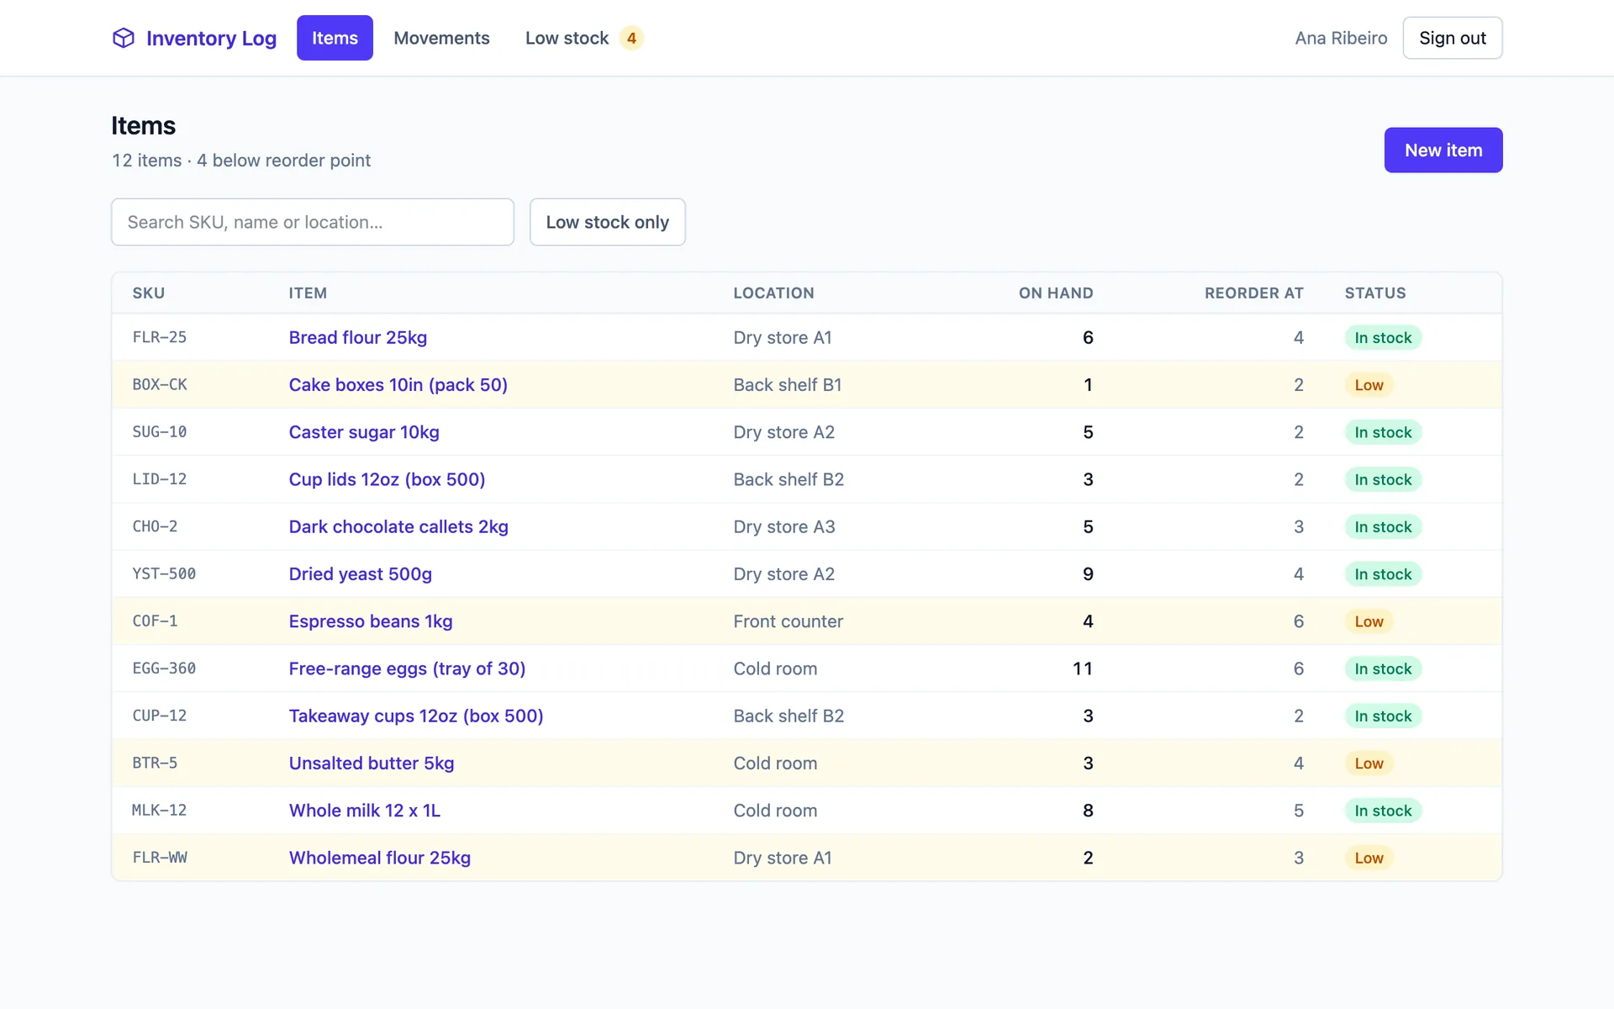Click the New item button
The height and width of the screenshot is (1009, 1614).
pyautogui.click(x=1443, y=150)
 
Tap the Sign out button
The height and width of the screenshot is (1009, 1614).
pyautogui.click(x=1453, y=38)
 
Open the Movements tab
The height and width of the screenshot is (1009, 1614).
pyautogui.click(x=441, y=38)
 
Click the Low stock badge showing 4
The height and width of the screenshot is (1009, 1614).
pyautogui.click(x=631, y=38)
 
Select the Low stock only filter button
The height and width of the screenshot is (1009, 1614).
pyautogui.click(x=608, y=222)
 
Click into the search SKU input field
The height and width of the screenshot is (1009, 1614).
pyautogui.click(x=313, y=222)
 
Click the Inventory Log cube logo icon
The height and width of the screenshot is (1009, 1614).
pyautogui.click(x=124, y=38)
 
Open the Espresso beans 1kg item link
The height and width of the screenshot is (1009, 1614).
pyautogui.click(x=371, y=621)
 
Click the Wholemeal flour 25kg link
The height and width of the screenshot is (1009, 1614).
pyautogui.click(x=380, y=858)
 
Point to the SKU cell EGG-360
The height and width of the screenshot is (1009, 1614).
pyautogui.click(x=164, y=668)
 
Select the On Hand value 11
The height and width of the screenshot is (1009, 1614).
pyautogui.click(x=1083, y=668)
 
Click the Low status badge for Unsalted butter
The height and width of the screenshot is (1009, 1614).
pyautogui.click(x=1369, y=763)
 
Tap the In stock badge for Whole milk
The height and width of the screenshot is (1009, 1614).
pyautogui.click(x=1383, y=811)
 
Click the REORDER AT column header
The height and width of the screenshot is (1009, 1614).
pyautogui.click(x=1253, y=293)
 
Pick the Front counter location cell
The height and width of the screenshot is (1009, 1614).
pyautogui.click(x=788, y=621)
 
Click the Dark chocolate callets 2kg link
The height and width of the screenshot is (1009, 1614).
pyautogui.click(x=398, y=526)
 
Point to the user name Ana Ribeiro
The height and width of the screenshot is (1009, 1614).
pyautogui.click(x=1341, y=38)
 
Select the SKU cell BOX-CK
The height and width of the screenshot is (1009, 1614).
pyautogui.click(x=160, y=384)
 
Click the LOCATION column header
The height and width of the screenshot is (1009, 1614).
pyautogui.click(x=773, y=293)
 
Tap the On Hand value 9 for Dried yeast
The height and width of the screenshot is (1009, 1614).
pyautogui.click(x=1088, y=574)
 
